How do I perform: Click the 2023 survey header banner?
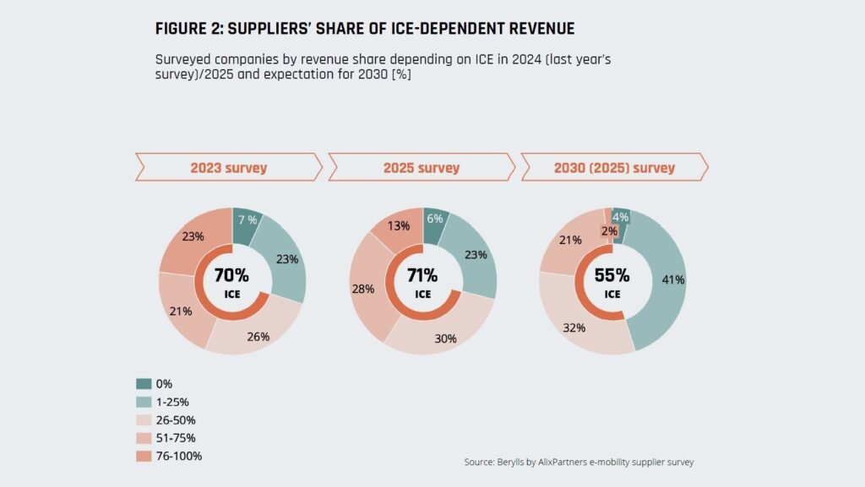tap(229, 167)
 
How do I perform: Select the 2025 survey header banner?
tap(422, 167)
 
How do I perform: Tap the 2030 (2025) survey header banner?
tap(614, 167)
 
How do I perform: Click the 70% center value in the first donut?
tap(231, 275)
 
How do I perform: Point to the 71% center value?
tap(422, 275)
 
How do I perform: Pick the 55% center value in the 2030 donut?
tap(612, 275)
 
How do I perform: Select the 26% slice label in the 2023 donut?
tap(258, 337)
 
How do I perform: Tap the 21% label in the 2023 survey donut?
tap(181, 311)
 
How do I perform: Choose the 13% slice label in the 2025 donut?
tap(399, 225)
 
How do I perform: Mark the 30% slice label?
tap(445, 338)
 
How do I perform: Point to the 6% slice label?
tap(436, 218)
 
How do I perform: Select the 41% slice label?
tap(662, 279)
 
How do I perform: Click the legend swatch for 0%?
tap(144, 383)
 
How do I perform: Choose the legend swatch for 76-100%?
tap(144, 456)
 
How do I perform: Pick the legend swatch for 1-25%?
tap(144, 401)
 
